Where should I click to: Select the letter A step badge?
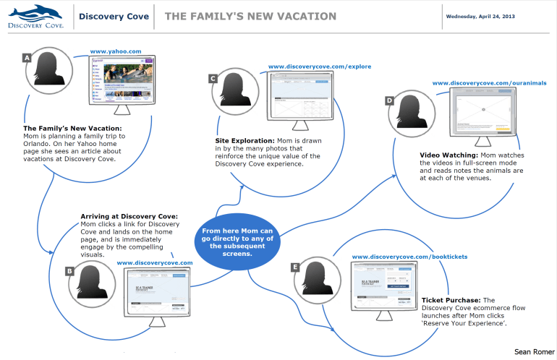pyautogui.click(x=27, y=57)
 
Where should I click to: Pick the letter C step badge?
pyautogui.click(x=213, y=77)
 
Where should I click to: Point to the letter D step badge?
pyautogui.click(x=389, y=100)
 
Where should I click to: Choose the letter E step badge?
pyautogui.click(x=295, y=267)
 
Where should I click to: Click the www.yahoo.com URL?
pyautogui.click(x=116, y=52)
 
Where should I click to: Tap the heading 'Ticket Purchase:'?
pyautogui.click(x=450, y=300)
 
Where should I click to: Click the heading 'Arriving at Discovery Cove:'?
pyautogui.click(x=129, y=216)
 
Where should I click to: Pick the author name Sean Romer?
pyautogui.click(x=532, y=351)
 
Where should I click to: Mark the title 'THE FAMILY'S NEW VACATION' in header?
pyautogui.click(x=250, y=16)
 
